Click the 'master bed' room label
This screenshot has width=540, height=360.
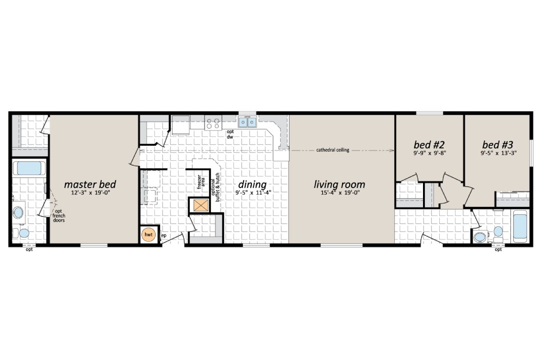tap(90, 184)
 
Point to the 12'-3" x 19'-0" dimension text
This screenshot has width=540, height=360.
tap(90, 193)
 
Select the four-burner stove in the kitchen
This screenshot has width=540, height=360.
tap(213, 122)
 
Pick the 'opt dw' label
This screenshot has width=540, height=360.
tap(229, 134)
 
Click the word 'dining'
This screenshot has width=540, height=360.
tap(252, 184)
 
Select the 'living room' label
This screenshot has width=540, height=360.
tap(339, 184)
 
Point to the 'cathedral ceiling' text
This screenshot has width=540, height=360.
tap(333, 150)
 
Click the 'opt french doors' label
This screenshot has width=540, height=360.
tap(59, 216)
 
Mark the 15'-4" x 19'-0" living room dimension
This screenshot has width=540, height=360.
tap(339, 193)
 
